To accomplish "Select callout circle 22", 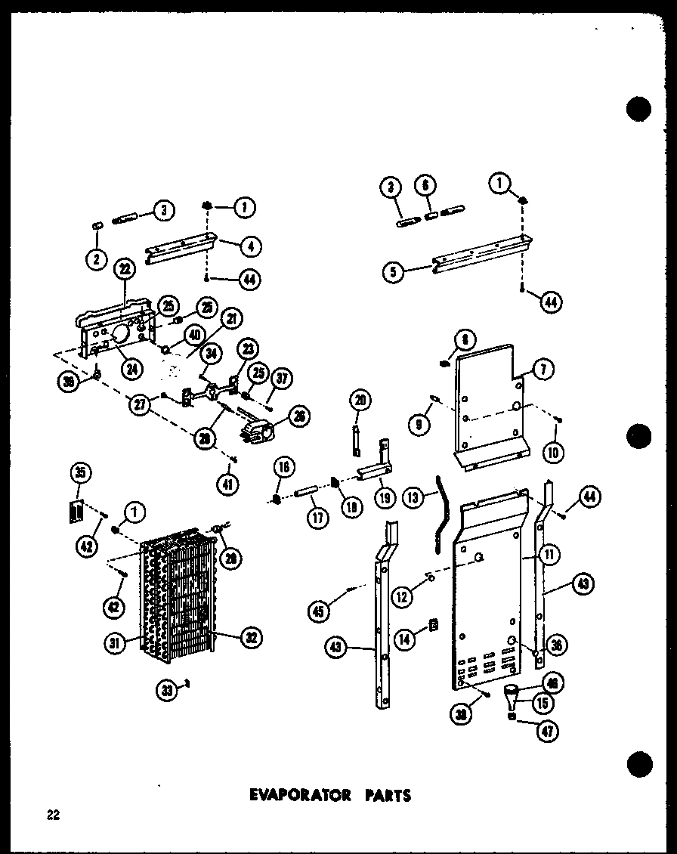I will (x=125, y=268).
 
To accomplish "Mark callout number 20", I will (x=359, y=401).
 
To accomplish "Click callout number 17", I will (x=315, y=520).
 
